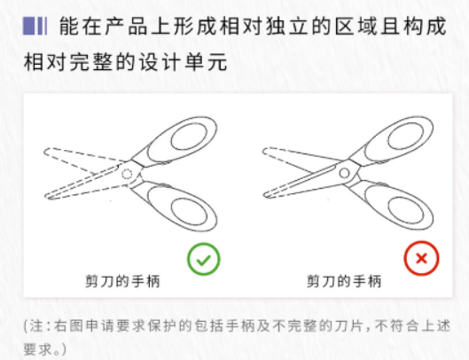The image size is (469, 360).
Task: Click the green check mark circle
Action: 204,259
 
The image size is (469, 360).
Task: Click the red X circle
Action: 421,258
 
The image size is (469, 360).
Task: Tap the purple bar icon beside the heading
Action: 35,27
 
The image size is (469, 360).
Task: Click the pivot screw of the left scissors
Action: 127,174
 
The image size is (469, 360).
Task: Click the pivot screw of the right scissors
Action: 344,173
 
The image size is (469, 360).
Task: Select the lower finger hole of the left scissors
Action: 189,212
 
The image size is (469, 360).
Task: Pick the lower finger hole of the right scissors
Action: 406,211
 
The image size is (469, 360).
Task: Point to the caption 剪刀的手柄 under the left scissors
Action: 122,281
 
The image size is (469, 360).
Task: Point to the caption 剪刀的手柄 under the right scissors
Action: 344,281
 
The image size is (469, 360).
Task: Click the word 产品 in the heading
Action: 126,27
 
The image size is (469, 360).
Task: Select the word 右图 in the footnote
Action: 68,326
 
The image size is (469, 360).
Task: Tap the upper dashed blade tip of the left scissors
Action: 44,152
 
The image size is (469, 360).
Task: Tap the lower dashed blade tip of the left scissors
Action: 46,197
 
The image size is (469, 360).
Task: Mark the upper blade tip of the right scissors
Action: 263,152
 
